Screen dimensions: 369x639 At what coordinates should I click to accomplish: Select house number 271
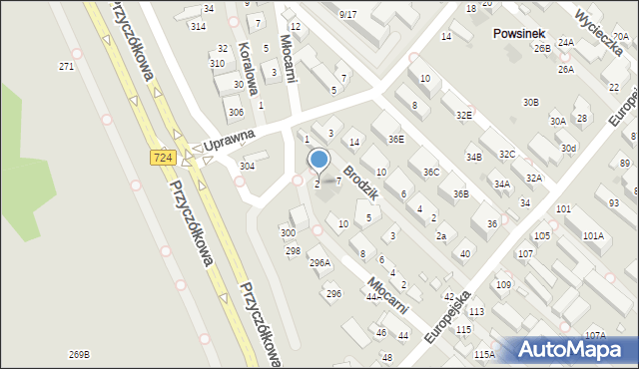67,66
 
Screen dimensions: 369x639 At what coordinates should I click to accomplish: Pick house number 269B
79,354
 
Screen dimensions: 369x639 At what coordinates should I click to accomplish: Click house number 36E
396,140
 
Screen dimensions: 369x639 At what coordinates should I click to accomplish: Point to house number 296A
319,262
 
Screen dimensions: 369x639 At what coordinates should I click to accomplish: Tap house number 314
199,26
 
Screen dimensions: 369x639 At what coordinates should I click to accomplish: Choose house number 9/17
347,14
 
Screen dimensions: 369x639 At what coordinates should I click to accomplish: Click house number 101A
593,235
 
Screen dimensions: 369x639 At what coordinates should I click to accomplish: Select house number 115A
485,354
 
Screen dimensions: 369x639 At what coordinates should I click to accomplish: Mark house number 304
247,166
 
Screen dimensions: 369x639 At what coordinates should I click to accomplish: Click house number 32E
464,115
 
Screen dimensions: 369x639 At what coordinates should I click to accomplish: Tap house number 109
503,285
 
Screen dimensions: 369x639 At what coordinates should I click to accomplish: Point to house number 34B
474,157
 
